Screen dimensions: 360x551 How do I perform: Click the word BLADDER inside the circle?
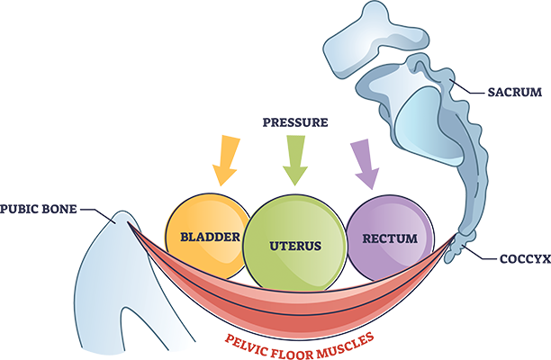click(208, 238)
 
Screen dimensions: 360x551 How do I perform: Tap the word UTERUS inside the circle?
click(294, 244)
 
